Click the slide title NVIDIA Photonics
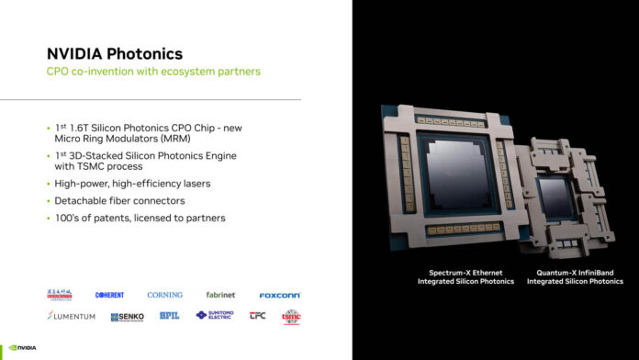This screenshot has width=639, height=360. [x=114, y=54]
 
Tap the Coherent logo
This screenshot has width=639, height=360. [x=109, y=295]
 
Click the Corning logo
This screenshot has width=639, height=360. [x=164, y=295]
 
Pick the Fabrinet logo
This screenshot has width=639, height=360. [x=221, y=295]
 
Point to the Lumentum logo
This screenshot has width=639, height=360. [x=70, y=316]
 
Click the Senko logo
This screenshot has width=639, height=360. [x=127, y=317]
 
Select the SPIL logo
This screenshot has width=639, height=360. [x=169, y=316]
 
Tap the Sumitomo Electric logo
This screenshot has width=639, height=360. [x=214, y=316]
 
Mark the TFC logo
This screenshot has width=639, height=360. [x=257, y=316]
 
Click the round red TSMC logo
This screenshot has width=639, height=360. [x=291, y=317]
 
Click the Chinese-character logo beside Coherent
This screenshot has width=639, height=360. [x=61, y=295]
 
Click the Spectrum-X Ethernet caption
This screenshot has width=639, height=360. [x=465, y=277]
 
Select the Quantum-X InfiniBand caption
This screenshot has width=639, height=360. [x=574, y=277]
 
